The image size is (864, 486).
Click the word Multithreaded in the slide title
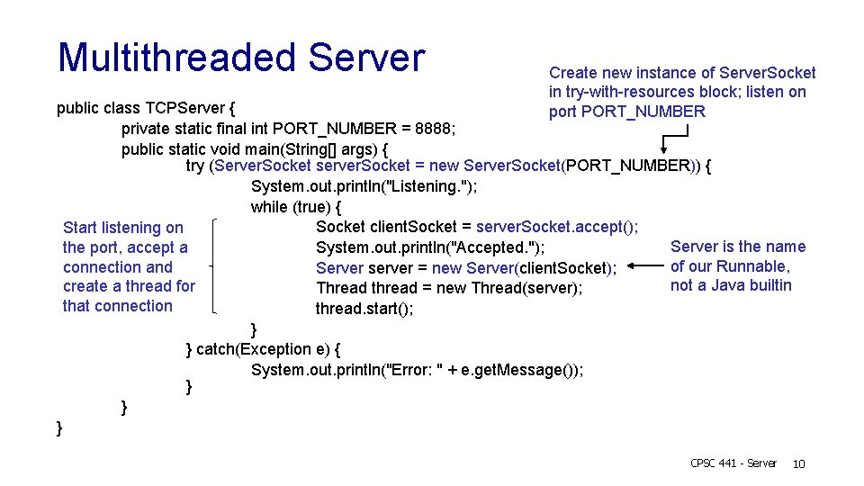coord(177,58)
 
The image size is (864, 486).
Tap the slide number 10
coord(798,463)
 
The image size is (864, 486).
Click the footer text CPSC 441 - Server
coord(733,463)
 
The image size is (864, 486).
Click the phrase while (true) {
coord(296,207)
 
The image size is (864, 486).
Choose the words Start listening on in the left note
coord(123,228)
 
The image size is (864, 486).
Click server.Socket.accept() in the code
coord(556,227)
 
